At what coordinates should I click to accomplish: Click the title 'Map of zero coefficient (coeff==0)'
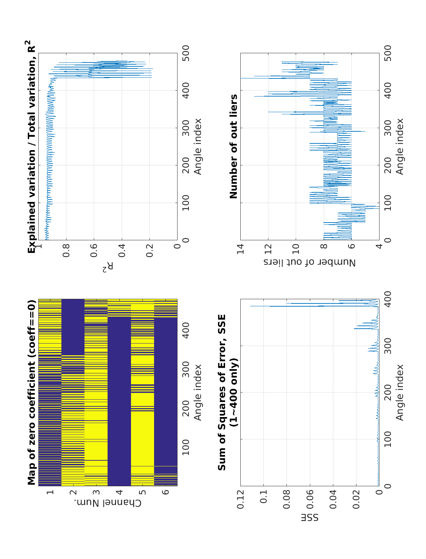point(32,393)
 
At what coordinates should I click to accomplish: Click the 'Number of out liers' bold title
point(233,147)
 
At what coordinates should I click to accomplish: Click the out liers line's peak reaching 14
point(241,78)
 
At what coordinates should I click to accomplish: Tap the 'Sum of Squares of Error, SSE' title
point(222,393)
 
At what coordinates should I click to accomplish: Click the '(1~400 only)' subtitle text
point(234,393)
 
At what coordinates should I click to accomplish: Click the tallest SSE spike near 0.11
point(251,306)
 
